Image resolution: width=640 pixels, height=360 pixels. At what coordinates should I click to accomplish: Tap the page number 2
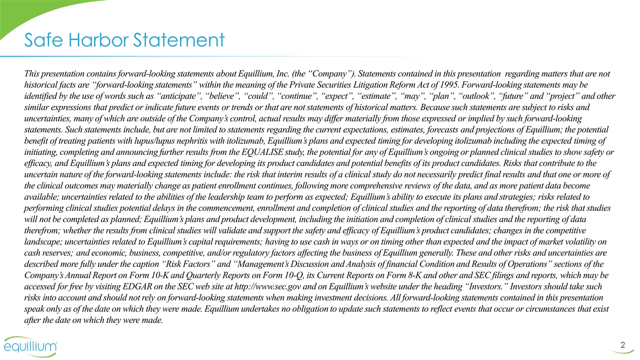tap(622, 344)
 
